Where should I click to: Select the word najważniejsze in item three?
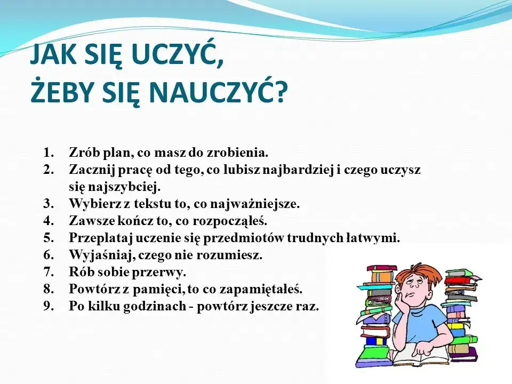click(x=256, y=204)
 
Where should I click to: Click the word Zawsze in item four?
click(x=88, y=221)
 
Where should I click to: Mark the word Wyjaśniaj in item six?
click(x=95, y=255)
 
